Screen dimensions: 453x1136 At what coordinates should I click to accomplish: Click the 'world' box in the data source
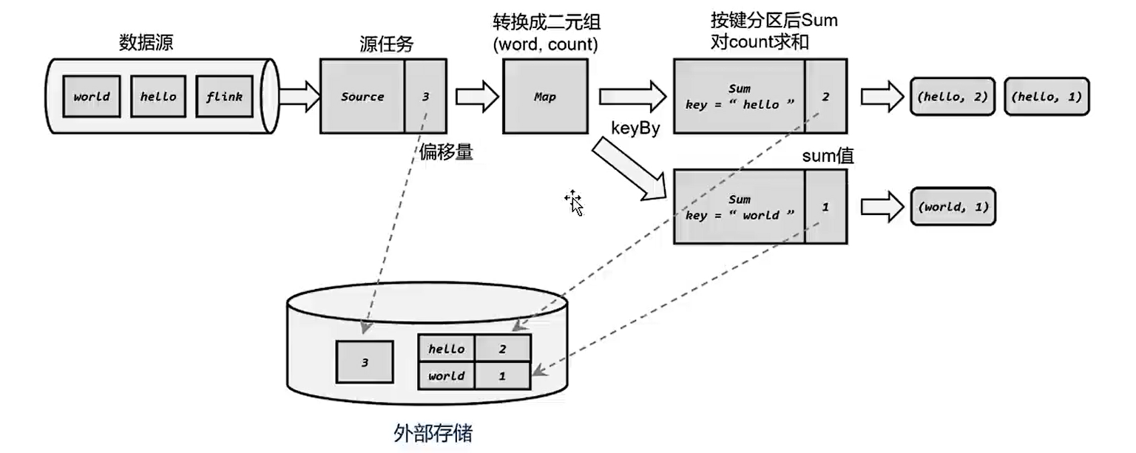click(x=92, y=96)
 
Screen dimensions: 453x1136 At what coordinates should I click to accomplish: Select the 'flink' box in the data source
click(x=224, y=96)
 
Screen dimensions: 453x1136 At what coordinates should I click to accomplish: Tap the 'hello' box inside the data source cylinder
click(x=158, y=96)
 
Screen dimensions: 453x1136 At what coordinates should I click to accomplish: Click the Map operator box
click(x=546, y=96)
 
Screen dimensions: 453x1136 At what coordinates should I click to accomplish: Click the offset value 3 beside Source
click(x=425, y=96)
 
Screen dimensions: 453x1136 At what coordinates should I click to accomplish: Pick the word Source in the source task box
click(x=362, y=96)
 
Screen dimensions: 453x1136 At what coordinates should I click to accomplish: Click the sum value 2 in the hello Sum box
click(x=825, y=96)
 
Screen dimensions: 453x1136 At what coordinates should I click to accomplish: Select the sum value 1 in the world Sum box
click(x=825, y=208)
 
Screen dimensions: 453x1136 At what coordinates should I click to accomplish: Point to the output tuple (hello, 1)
click(x=1047, y=97)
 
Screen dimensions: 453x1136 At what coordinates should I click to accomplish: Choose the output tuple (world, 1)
click(x=953, y=207)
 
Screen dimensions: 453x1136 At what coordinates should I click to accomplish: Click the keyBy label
click(x=635, y=126)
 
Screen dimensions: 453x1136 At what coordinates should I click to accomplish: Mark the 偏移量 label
click(x=446, y=153)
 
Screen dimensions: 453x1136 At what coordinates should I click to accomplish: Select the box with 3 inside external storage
click(x=364, y=363)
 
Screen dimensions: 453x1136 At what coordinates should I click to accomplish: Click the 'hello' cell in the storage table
click(x=447, y=349)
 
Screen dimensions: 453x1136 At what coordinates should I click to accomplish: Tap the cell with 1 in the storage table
click(x=502, y=375)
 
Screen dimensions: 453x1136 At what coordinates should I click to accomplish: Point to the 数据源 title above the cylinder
click(x=146, y=44)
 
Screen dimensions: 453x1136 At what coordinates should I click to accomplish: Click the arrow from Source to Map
click(x=474, y=97)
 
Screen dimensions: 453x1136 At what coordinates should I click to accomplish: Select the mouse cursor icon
click(x=575, y=202)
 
